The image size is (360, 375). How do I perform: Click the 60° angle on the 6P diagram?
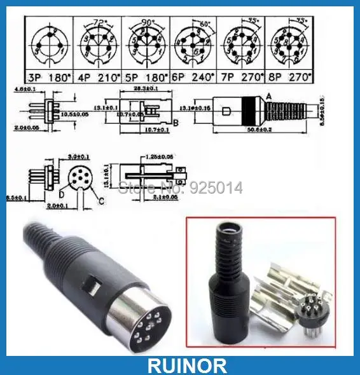pyautogui.click(x=205, y=24)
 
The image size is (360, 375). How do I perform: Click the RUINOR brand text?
pyautogui.click(x=179, y=365)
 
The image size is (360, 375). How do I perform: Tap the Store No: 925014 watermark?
pyautogui.click(x=181, y=187)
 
